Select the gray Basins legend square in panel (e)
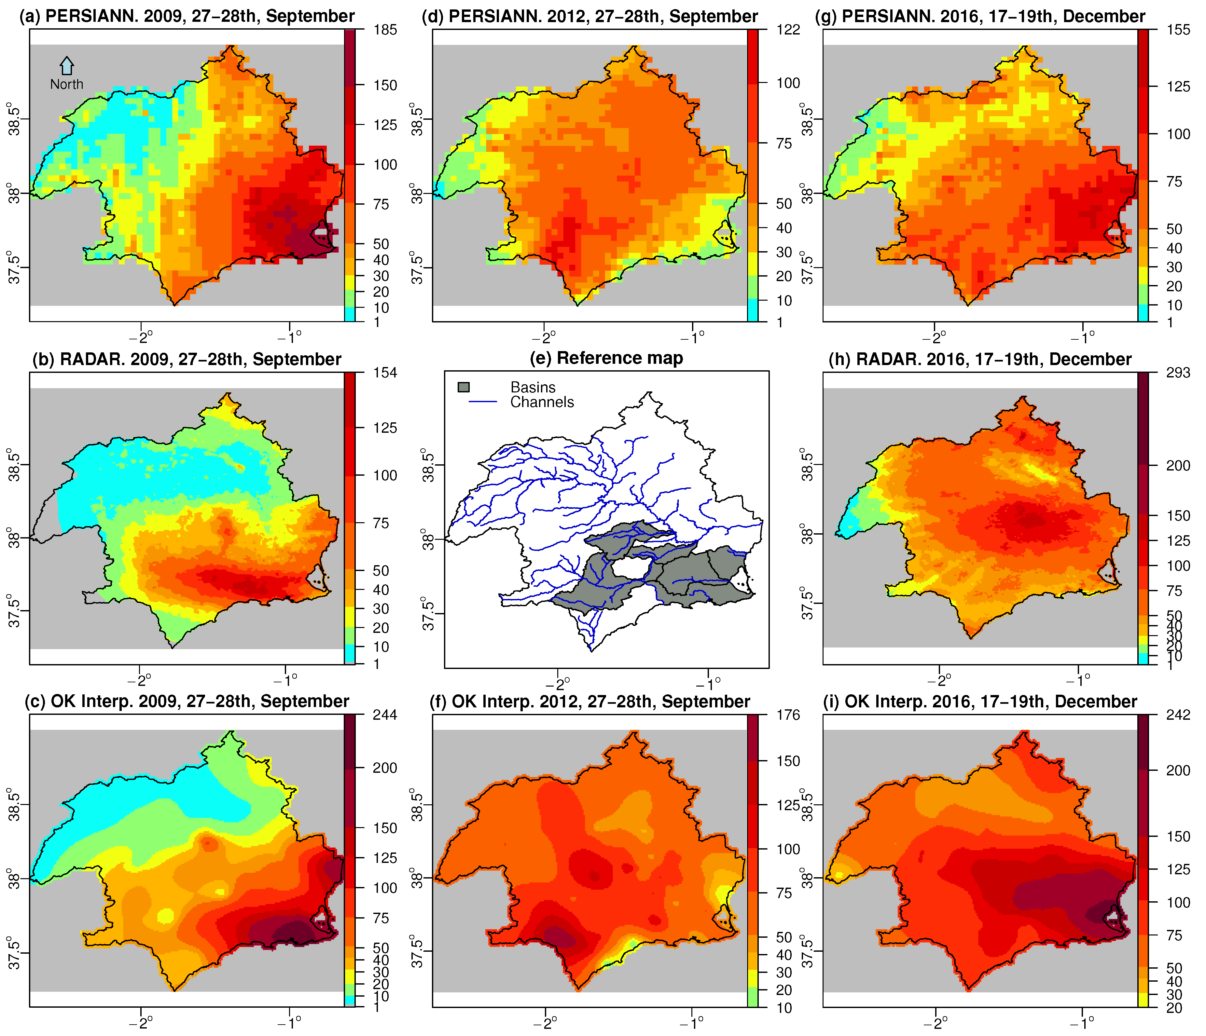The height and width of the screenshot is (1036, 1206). pos(464,388)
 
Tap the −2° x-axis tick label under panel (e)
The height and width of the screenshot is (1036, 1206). pos(558,681)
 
